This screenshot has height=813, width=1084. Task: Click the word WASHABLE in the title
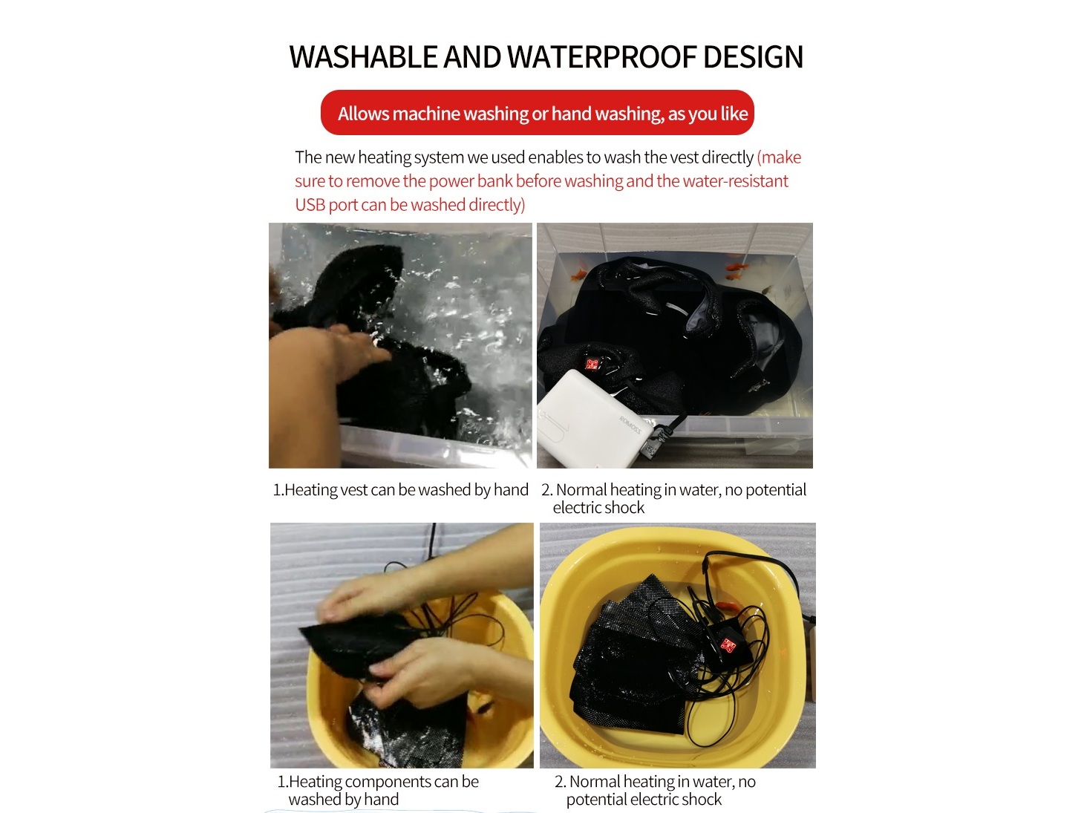click(x=364, y=56)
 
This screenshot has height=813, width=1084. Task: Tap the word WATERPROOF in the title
click(x=601, y=56)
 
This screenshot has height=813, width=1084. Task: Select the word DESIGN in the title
click(x=753, y=56)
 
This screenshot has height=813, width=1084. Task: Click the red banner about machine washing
click(x=538, y=113)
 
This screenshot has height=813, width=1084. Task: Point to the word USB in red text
click(x=310, y=205)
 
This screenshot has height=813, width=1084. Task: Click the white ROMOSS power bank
click(x=590, y=419)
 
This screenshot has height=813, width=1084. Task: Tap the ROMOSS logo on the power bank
click(x=630, y=425)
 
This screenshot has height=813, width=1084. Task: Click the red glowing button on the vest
click(x=592, y=365)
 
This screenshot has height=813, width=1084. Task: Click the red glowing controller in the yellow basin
click(x=728, y=645)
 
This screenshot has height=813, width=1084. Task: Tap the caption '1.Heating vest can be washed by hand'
click(x=400, y=490)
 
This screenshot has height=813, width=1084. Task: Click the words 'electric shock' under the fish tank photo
click(x=598, y=507)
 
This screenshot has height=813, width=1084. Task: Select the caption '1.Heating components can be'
click(x=379, y=781)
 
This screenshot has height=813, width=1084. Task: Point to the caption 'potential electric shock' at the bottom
click(x=644, y=799)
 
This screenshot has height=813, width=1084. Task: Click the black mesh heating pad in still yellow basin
click(x=637, y=662)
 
